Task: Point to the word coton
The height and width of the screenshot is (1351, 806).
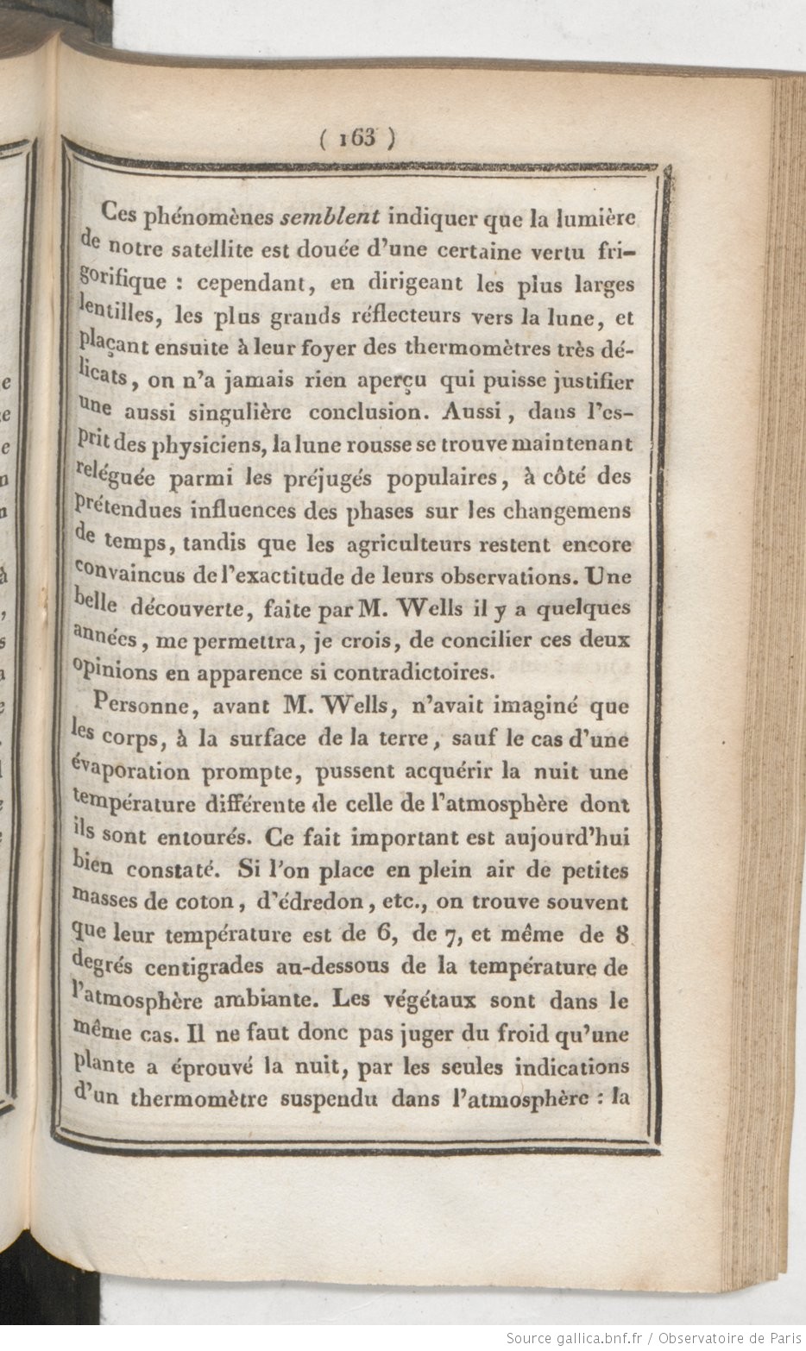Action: (x=206, y=903)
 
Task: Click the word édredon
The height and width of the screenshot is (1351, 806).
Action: (x=309, y=903)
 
